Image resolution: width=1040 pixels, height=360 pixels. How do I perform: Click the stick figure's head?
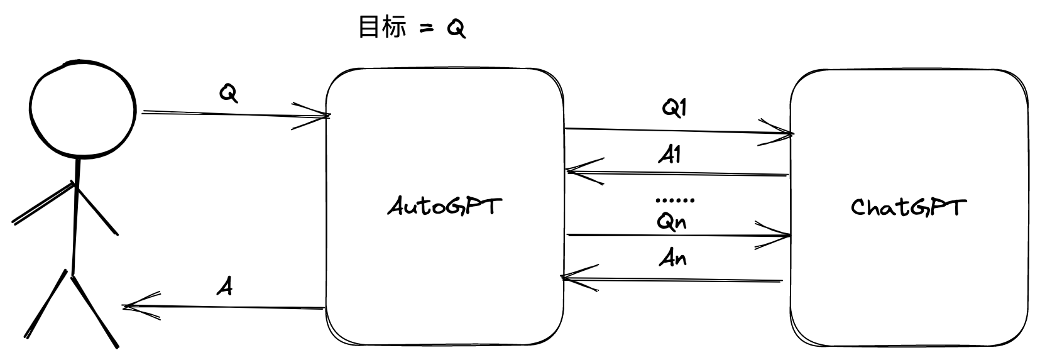82,109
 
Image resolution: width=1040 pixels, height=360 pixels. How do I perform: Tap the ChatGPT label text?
907,207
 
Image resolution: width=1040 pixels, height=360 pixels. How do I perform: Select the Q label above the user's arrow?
229,94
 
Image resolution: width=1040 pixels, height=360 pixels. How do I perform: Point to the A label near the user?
225,286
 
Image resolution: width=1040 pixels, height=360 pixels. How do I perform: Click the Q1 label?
674,108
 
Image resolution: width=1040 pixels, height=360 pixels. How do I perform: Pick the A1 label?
671,155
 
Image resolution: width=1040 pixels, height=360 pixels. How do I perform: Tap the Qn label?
671,221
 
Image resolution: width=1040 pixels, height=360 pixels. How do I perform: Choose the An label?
672,258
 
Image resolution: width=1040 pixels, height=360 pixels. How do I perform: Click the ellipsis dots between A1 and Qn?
675,200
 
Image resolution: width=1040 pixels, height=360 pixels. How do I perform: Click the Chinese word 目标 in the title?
381,28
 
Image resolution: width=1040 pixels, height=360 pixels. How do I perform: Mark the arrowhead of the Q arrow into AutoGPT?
325,116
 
